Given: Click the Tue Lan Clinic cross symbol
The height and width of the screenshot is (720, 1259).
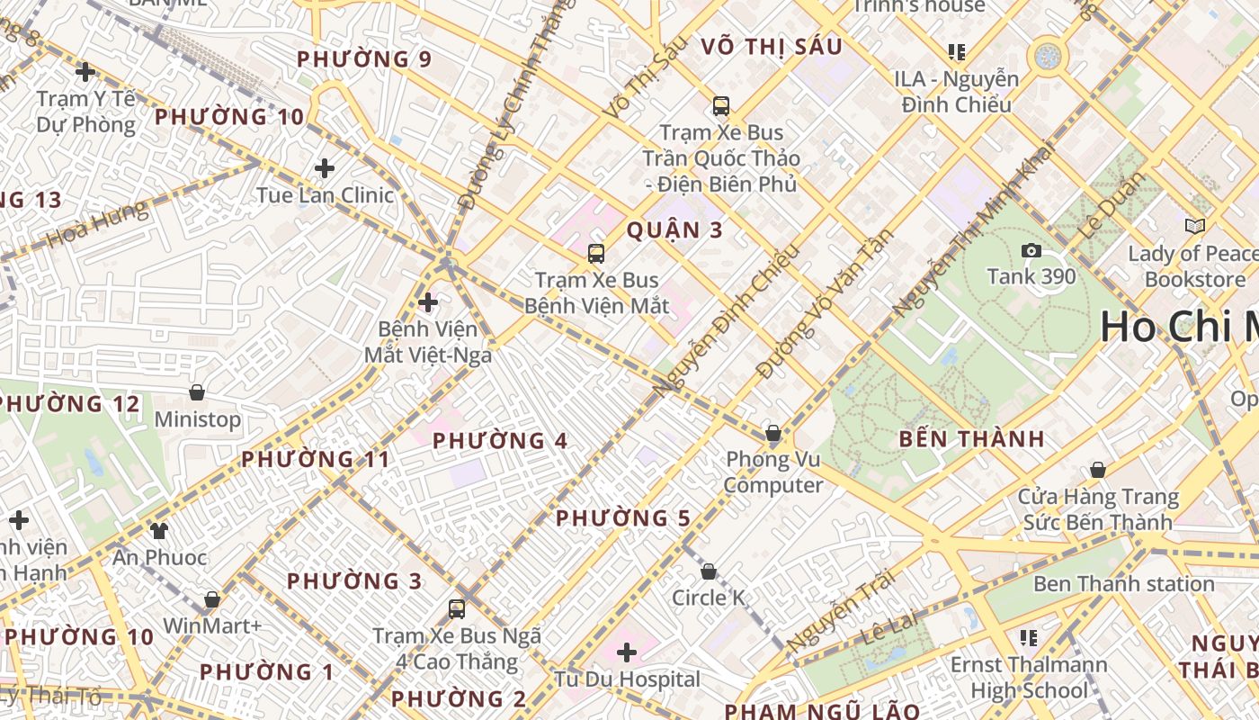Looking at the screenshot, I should point(325,168).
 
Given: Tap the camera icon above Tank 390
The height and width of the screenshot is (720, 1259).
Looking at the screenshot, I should point(1031,251).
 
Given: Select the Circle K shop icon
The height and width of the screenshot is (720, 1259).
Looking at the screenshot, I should point(709,571).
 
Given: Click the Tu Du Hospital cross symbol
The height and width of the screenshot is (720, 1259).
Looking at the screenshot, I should point(627,652).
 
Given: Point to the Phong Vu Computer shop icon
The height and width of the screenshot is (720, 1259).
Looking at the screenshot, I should point(773,433).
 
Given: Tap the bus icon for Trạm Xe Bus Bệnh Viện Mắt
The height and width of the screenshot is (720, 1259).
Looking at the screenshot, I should point(596,254).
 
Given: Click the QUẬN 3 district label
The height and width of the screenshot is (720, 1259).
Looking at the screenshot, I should point(674,230).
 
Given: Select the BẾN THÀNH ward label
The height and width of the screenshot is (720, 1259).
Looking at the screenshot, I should point(972,439).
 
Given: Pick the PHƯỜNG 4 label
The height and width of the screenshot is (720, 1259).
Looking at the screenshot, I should point(500,441).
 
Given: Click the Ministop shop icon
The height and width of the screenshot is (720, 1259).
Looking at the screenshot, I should point(197,392).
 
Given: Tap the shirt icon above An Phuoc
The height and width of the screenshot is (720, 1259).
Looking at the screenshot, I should point(159,530).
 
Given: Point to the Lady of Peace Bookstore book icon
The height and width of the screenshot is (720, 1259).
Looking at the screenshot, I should point(1194,226).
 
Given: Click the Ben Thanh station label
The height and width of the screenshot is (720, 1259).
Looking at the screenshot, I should point(1123,584).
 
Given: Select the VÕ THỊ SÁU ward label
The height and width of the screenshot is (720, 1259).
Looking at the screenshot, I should point(771,47).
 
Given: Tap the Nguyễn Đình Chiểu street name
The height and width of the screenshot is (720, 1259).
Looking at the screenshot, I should point(727,320).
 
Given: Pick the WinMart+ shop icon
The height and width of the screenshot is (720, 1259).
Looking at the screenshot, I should point(212,598).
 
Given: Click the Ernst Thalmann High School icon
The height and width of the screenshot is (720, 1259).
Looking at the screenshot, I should point(1030,638).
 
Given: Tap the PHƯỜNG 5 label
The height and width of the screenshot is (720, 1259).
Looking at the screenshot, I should point(623,518).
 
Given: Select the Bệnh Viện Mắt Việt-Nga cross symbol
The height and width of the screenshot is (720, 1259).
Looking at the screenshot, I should point(428,302).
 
